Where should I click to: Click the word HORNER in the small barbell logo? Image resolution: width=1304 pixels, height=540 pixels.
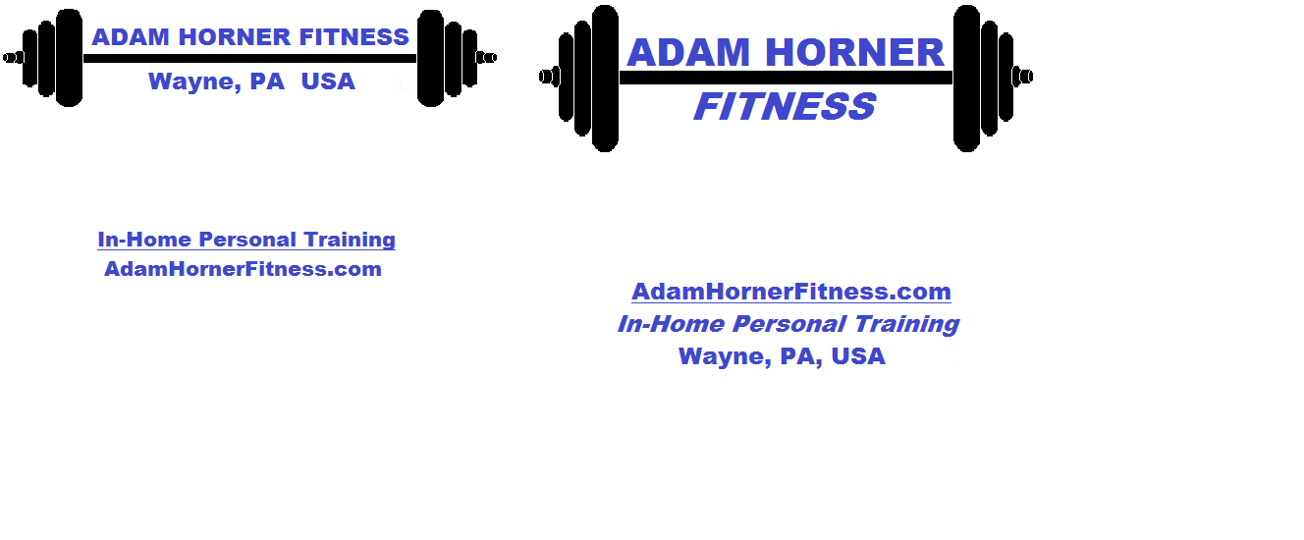(234, 37)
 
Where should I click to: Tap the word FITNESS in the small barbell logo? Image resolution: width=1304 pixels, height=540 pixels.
(353, 37)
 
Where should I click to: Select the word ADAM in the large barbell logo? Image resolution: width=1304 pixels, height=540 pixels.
(688, 53)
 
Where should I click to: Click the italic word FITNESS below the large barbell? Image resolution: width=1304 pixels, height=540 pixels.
(785, 106)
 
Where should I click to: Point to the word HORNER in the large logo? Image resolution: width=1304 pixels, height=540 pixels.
(854, 53)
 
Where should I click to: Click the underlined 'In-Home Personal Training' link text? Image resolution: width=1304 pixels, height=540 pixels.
(246, 240)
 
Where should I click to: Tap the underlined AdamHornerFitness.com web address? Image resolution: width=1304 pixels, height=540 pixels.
(791, 292)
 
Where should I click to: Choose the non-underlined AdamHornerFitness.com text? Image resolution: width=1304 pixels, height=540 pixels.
(243, 269)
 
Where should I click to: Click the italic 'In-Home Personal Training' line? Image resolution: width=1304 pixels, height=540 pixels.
(788, 324)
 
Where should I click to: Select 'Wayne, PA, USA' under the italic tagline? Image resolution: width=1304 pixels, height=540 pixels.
(782, 356)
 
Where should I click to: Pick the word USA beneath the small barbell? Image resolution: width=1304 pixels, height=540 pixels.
(328, 81)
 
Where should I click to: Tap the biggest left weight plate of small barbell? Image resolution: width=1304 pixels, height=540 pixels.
(69, 58)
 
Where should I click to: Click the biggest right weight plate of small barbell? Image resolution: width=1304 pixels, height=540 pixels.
(431, 58)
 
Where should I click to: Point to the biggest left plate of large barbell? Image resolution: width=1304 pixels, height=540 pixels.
(606, 79)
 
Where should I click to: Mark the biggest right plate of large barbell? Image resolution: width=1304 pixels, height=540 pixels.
(966, 79)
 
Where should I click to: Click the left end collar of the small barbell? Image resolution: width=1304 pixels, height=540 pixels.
(13, 58)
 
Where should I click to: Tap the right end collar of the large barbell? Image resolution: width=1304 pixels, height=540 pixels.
(1022, 77)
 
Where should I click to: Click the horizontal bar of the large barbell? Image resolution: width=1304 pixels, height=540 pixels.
(786, 78)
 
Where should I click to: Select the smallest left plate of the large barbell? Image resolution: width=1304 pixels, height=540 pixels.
(566, 77)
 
